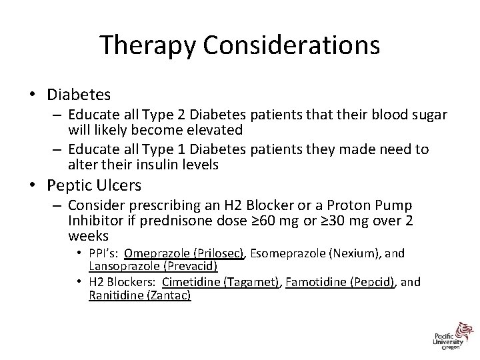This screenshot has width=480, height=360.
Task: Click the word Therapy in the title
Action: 149,45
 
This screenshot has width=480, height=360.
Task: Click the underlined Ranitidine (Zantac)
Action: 139,294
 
